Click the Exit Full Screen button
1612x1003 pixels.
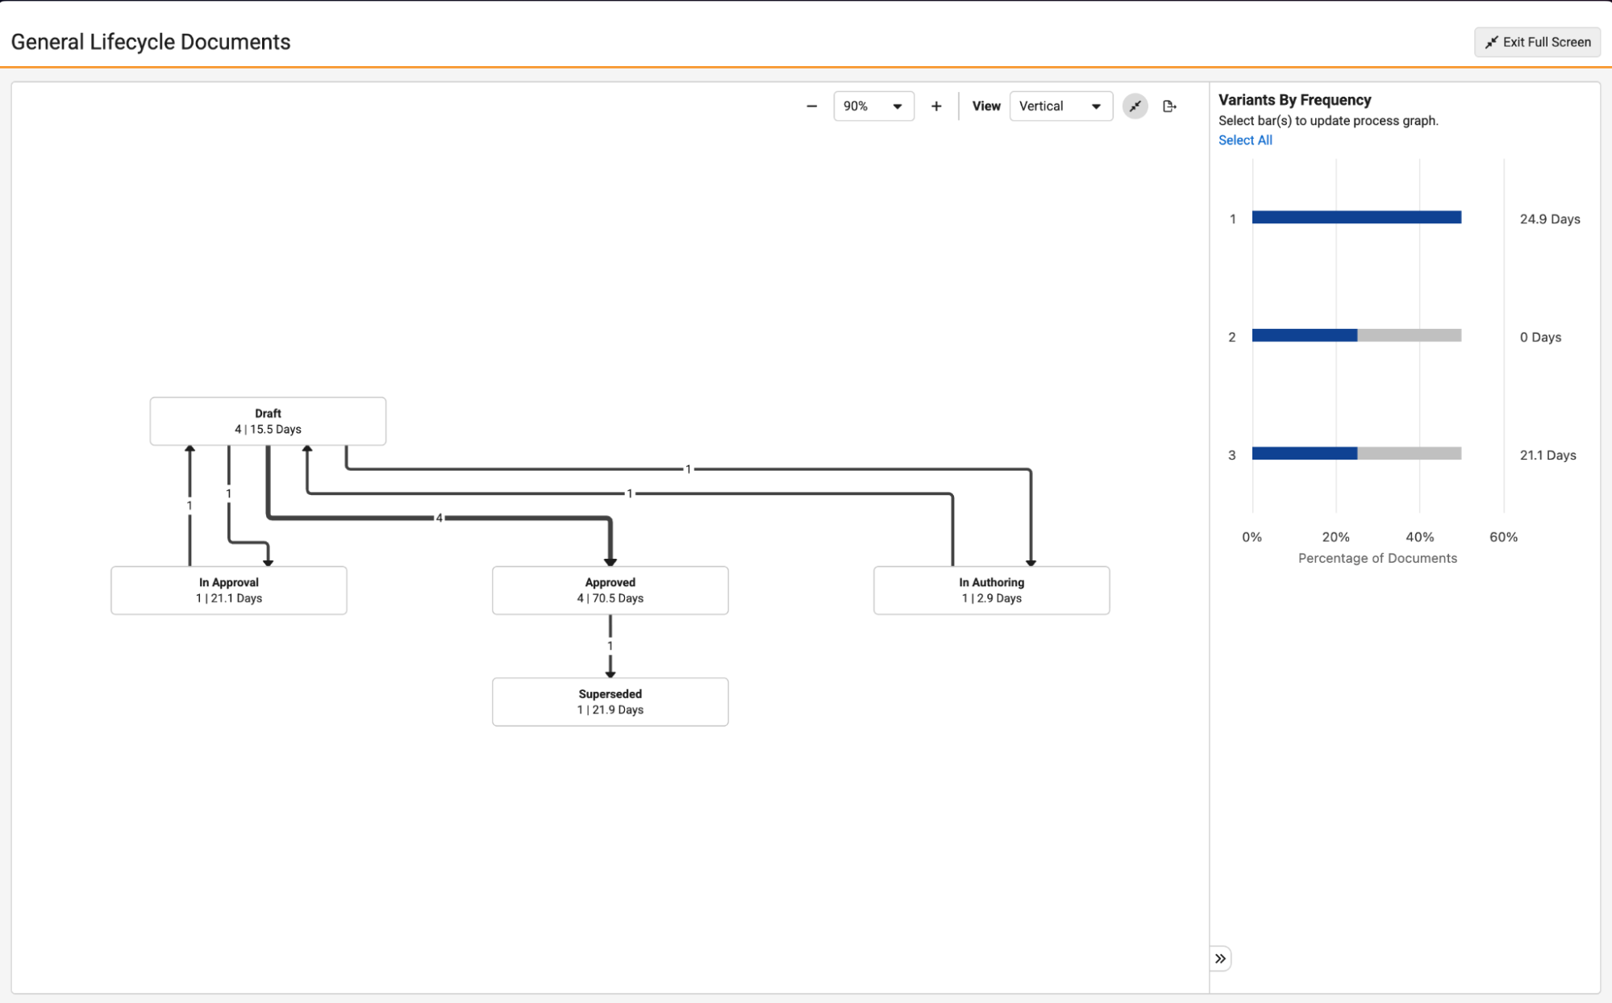(x=1537, y=42)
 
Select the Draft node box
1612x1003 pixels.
(x=268, y=421)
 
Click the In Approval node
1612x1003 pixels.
(x=229, y=590)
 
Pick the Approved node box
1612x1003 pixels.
(x=610, y=590)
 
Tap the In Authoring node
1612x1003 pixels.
(x=992, y=590)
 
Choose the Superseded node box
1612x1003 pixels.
(x=610, y=701)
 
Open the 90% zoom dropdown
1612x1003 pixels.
(x=873, y=106)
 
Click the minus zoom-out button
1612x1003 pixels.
(x=812, y=106)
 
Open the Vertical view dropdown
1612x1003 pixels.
(x=1061, y=106)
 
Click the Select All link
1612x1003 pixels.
(x=1245, y=140)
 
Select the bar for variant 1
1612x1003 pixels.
(x=1356, y=218)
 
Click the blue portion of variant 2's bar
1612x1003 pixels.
(x=1305, y=335)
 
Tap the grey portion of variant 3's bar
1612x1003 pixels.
(x=1410, y=453)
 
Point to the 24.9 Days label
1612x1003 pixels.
(x=1550, y=219)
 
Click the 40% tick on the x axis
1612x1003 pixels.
(x=1420, y=537)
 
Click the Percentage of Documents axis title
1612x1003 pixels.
(x=1377, y=558)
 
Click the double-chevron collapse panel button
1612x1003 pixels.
(x=1220, y=959)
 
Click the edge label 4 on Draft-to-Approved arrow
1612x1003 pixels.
(x=439, y=518)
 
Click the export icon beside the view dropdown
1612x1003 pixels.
(x=1169, y=106)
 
